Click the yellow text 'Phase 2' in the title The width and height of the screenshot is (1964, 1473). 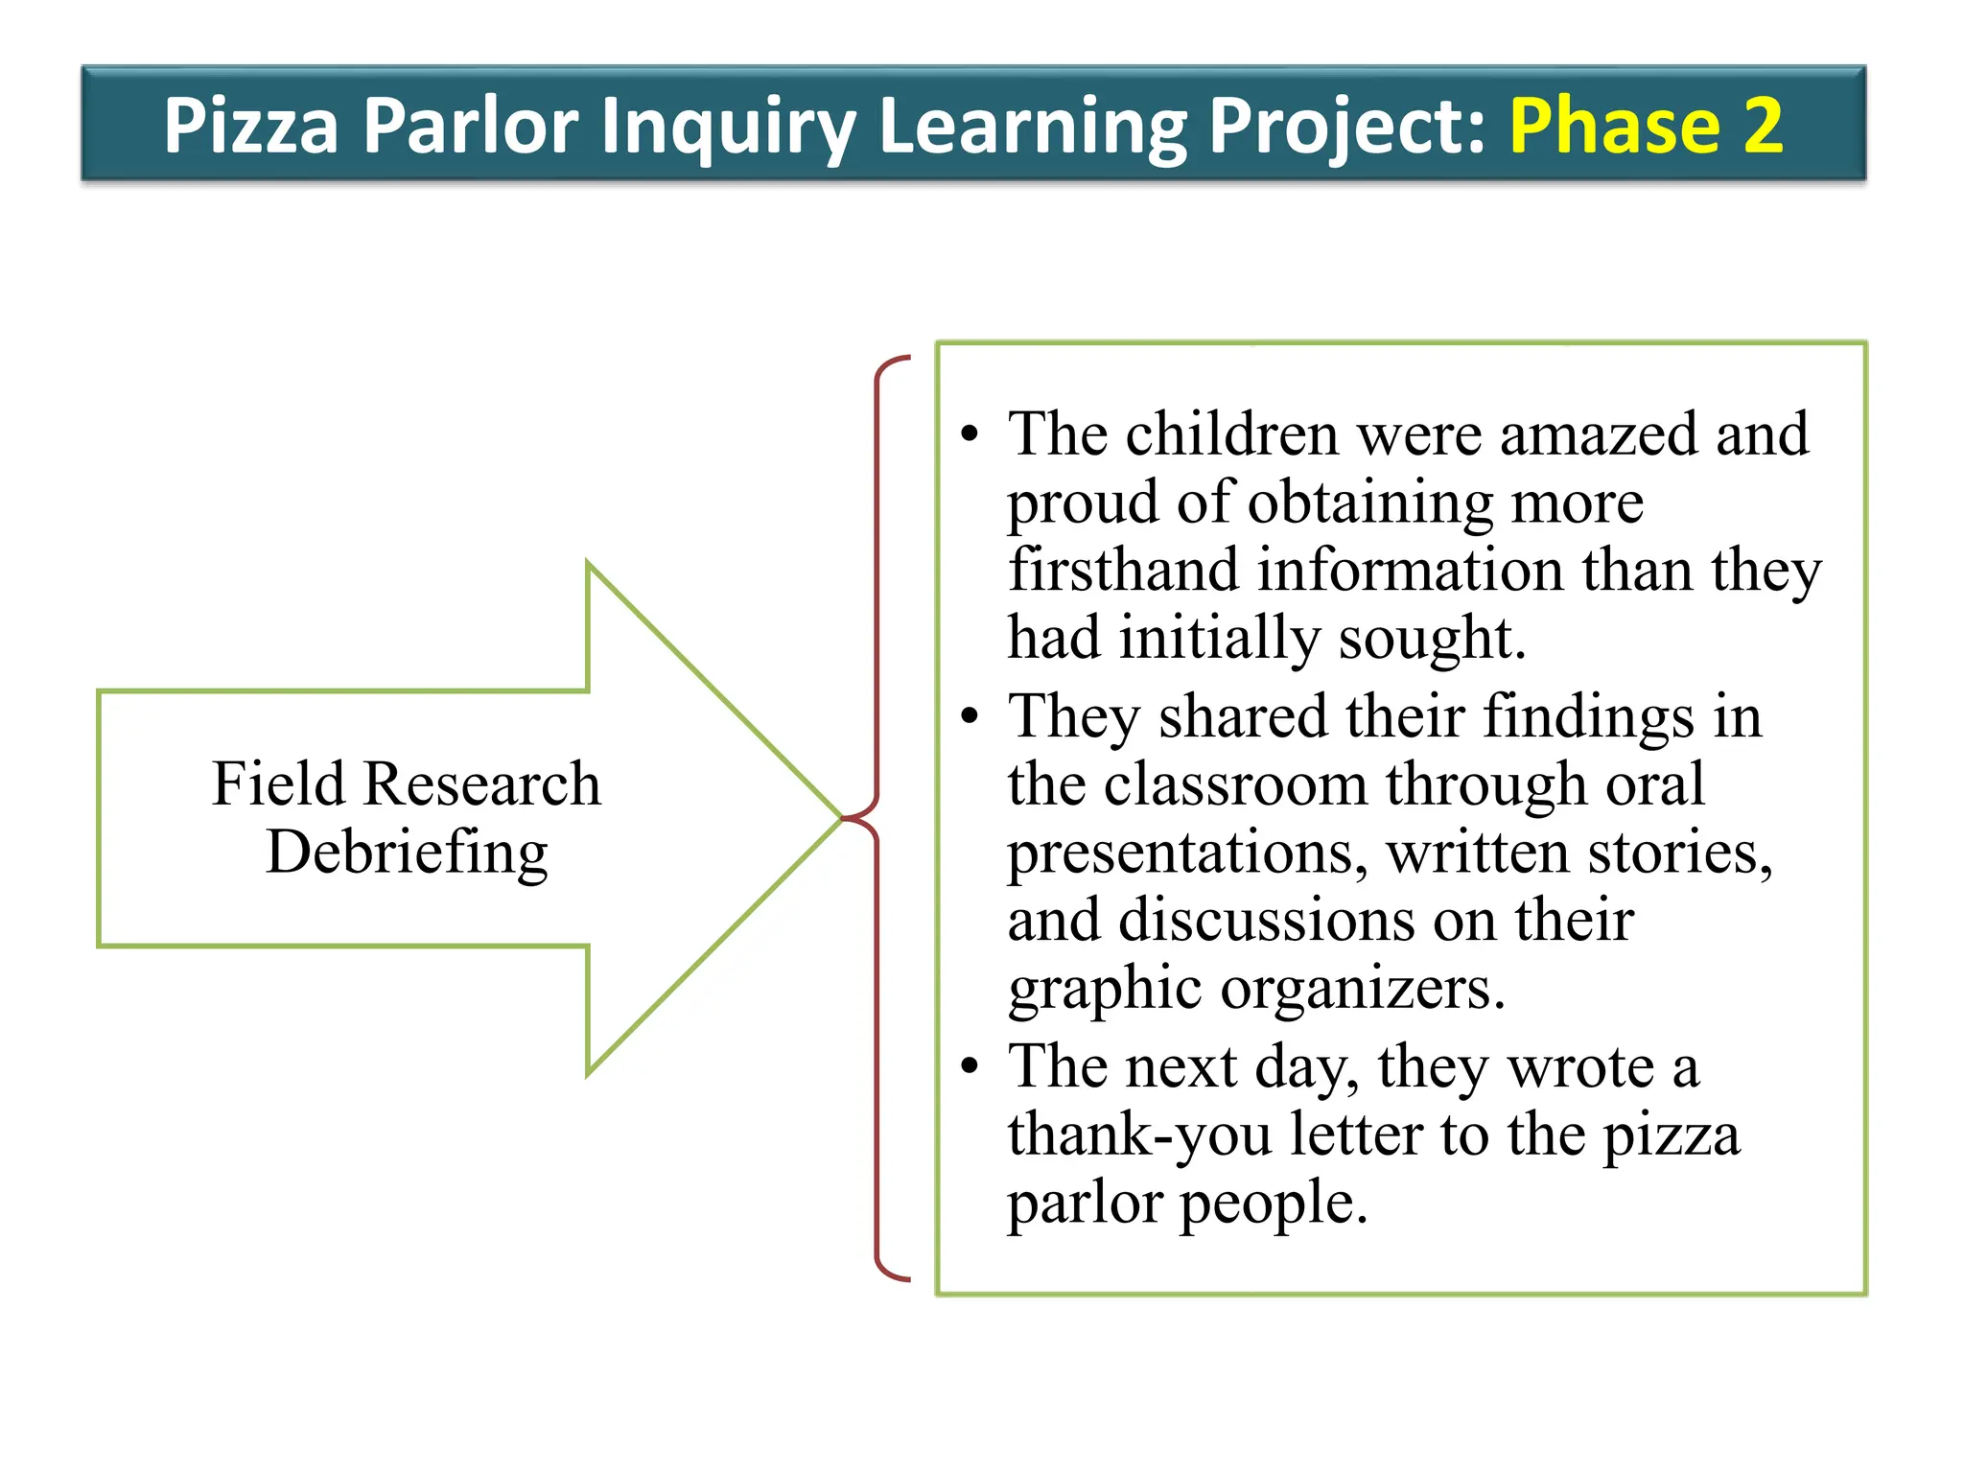(1646, 125)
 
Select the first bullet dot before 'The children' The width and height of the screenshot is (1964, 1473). (970, 434)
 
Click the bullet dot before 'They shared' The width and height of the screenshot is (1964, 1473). (970, 716)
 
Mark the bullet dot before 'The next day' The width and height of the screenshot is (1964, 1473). (970, 1066)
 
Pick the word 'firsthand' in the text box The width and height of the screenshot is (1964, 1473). (1123, 570)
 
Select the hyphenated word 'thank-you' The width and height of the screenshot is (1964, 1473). (1139, 1134)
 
